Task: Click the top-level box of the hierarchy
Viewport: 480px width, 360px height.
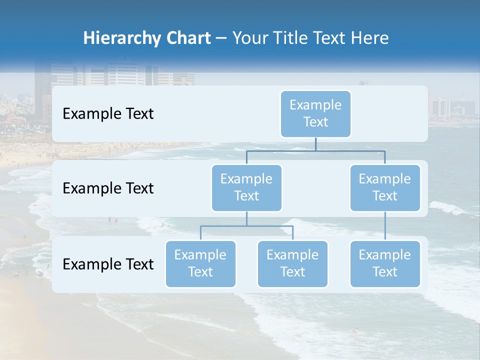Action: (x=315, y=113)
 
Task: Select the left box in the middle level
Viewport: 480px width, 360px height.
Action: (x=246, y=187)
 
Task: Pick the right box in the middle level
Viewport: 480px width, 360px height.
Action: (x=385, y=187)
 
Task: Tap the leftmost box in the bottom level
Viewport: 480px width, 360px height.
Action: (x=200, y=263)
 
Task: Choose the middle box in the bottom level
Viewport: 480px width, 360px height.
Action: (x=292, y=263)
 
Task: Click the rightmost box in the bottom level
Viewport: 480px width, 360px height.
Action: (x=385, y=263)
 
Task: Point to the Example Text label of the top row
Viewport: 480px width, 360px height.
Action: (x=108, y=113)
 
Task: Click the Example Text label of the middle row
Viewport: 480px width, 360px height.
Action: (x=108, y=188)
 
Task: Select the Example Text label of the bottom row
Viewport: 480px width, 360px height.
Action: (x=108, y=264)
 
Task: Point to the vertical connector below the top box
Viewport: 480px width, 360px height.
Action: (x=315, y=144)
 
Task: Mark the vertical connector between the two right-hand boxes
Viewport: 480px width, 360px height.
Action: (x=385, y=226)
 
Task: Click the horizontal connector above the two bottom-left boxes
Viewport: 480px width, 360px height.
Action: (x=246, y=226)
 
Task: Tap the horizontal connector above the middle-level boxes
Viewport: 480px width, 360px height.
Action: (x=315, y=150)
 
